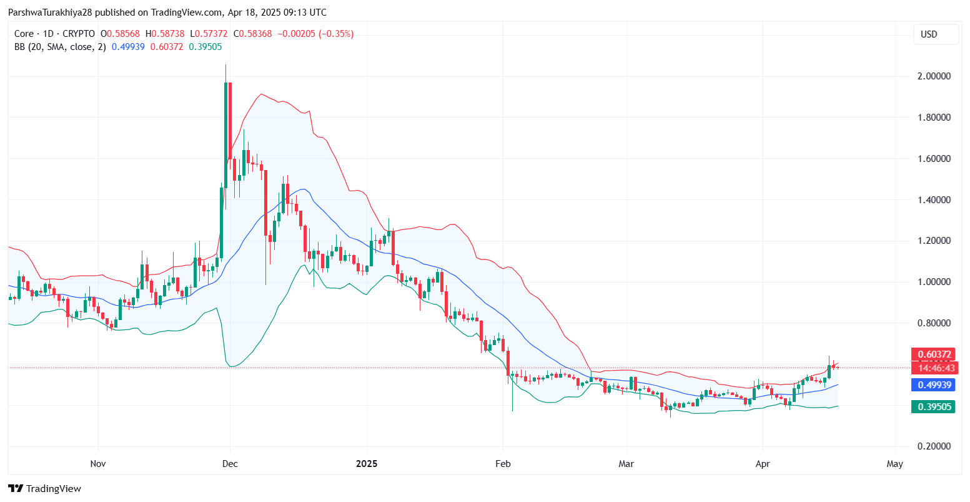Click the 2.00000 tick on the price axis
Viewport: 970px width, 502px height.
point(933,76)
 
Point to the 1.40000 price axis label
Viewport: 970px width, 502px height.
point(933,200)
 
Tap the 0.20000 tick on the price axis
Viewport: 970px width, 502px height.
point(933,446)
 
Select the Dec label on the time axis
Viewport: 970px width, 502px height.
point(230,464)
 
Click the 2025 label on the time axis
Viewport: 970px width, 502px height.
point(367,464)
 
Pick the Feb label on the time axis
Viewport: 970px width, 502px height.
point(503,464)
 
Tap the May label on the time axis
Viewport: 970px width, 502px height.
point(895,464)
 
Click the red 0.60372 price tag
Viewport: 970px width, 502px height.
point(933,354)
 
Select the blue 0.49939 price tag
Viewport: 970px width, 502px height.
point(933,385)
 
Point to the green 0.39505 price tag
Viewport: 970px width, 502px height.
point(933,408)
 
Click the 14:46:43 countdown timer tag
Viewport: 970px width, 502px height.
point(933,368)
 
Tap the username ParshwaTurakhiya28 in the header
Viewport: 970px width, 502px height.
point(47,13)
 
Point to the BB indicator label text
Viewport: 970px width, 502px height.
point(59,46)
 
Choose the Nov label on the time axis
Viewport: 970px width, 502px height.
point(98,464)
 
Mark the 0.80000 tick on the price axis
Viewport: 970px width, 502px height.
point(933,323)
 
